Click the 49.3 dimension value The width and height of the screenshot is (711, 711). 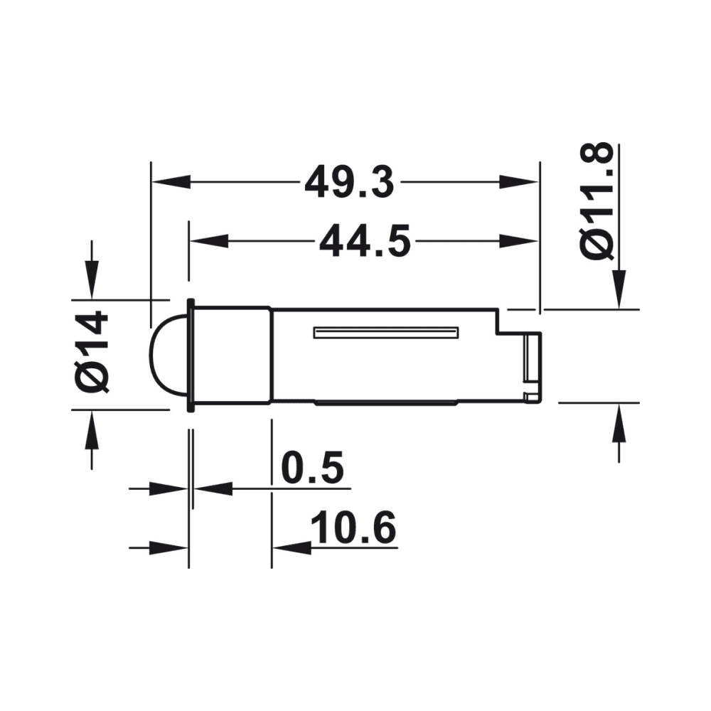349,183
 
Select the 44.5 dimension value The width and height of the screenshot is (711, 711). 365,242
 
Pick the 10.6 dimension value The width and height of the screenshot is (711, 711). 353,528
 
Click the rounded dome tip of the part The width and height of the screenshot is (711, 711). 168,355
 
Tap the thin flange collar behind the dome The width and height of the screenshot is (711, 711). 191,355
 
